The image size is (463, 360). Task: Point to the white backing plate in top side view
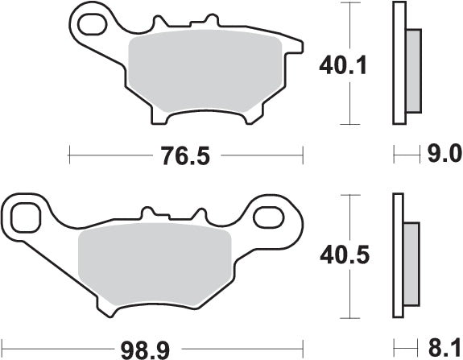[x=397, y=64]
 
